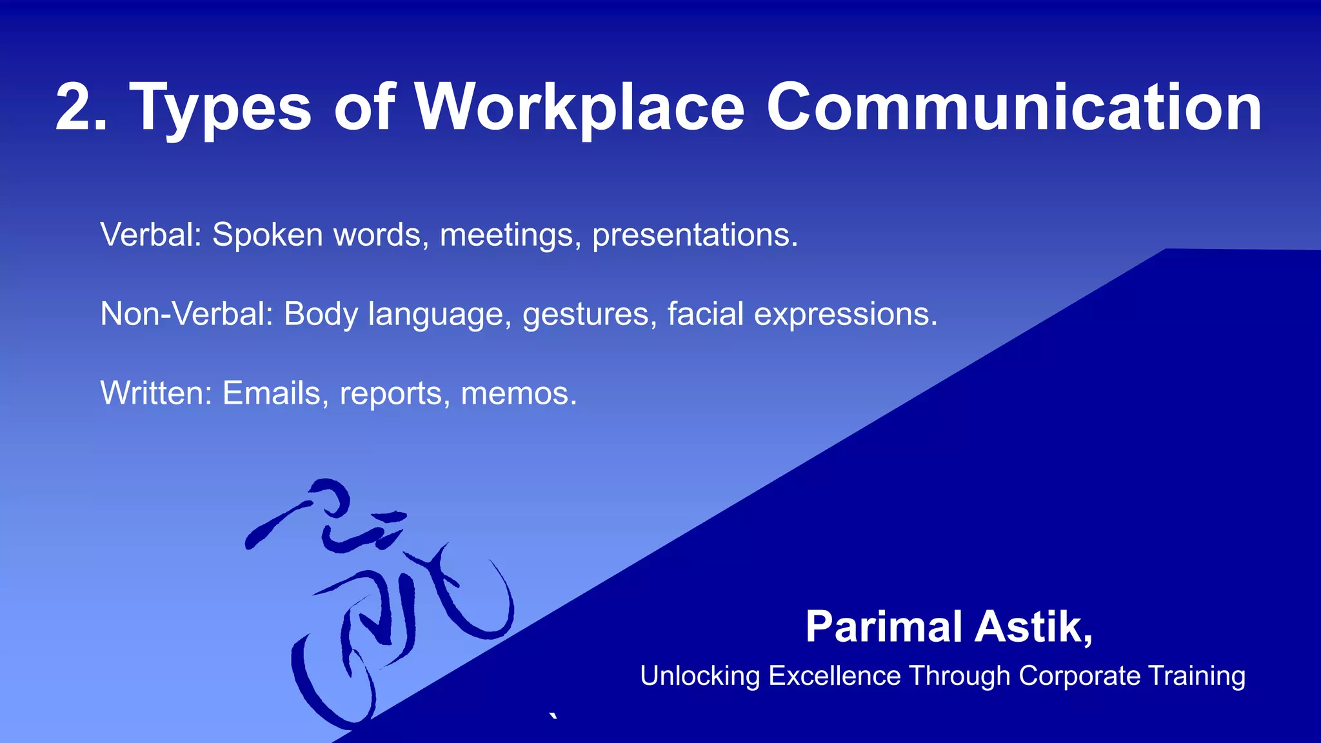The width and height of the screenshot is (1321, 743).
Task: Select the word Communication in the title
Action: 1013,108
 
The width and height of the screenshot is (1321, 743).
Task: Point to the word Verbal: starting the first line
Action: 151,234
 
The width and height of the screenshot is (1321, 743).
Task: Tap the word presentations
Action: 695,235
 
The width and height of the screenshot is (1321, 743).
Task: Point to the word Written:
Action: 156,393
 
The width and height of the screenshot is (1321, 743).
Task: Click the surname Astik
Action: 1033,626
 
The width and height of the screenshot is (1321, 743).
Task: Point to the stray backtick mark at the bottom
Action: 553,717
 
